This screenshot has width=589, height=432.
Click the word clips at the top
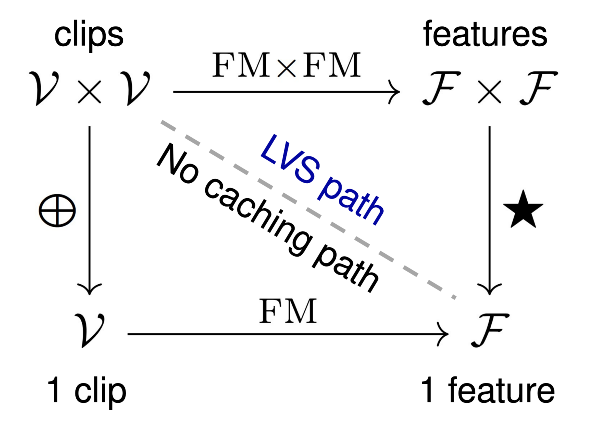coord(89,35)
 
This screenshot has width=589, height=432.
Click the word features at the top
coord(485,34)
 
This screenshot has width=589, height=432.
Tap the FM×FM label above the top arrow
coord(286,65)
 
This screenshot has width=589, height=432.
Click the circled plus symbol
coord(57,211)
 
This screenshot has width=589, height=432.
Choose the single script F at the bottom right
coord(489,330)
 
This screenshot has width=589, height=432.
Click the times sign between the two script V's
coord(90,92)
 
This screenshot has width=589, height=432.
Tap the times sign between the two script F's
coord(489,92)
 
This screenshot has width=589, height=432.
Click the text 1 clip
coord(86,391)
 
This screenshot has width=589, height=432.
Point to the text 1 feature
coord(487,391)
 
